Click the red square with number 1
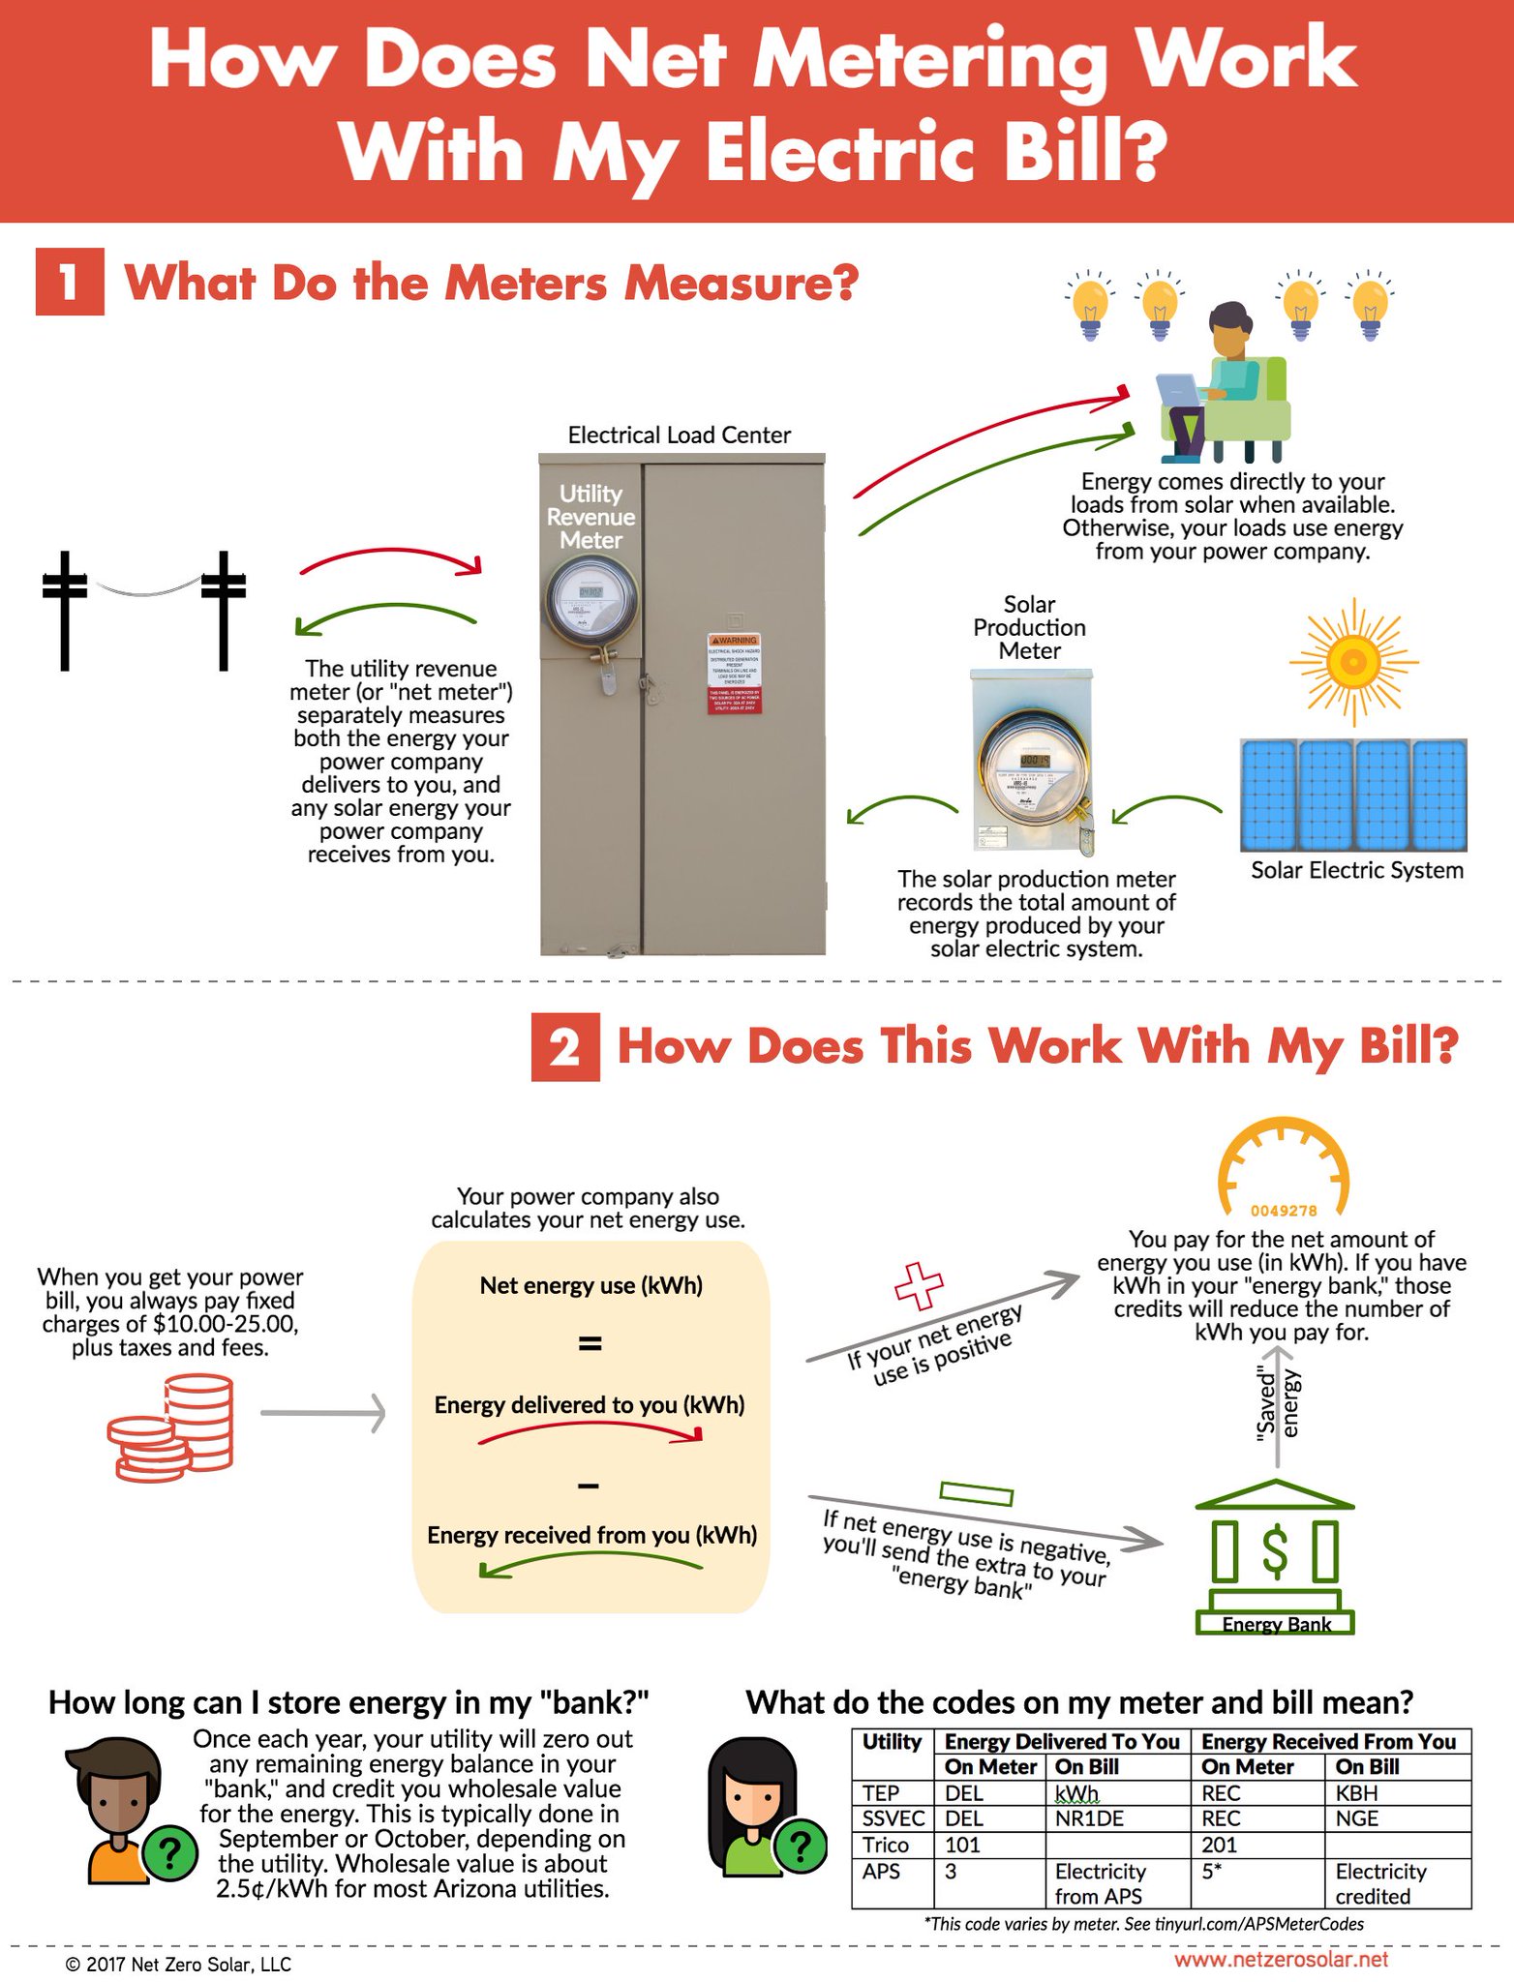click(x=70, y=282)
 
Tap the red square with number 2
click(x=565, y=1046)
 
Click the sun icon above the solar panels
click(x=1351, y=662)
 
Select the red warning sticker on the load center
click(x=735, y=675)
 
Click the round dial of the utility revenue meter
click(x=590, y=601)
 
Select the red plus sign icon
click(x=918, y=1285)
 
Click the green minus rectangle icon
click(x=977, y=1493)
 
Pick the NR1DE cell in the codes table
click(x=1089, y=1818)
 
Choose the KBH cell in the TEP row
click(x=1357, y=1793)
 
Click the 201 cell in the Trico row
click(x=1220, y=1845)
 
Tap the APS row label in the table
click(x=881, y=1871)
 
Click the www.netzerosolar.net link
click(x=1281, y=1960)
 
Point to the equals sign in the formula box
click(x=590, y=1343)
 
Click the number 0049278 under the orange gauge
click(x=1284, y=1210)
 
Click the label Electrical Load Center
click(x=679, y=435)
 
